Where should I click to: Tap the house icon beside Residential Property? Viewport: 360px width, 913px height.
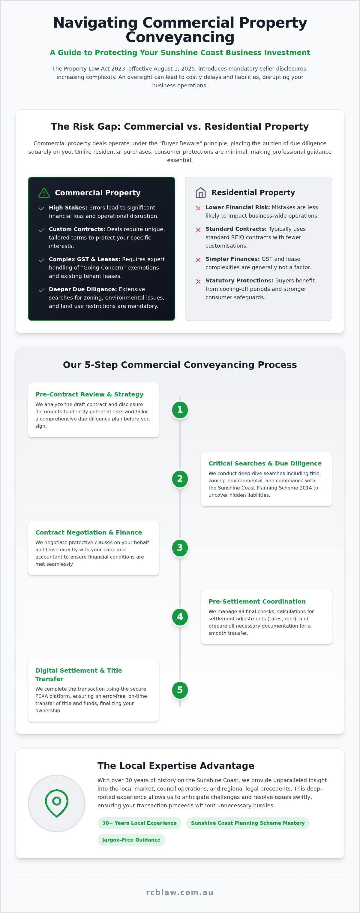tap(201, 192)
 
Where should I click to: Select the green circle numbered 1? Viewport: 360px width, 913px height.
tap(180, 410)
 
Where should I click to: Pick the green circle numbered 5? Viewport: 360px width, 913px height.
tap(180, 690)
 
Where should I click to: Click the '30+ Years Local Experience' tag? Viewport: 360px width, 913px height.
tap(139, 823)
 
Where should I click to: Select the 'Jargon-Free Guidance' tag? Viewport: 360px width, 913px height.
tap(131, 840)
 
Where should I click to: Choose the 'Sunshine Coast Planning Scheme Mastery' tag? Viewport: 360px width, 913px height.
tap(248, 823)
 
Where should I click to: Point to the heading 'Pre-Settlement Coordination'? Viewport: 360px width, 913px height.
tap(257, 601)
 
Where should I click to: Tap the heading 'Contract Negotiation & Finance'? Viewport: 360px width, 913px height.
tap(88, 532)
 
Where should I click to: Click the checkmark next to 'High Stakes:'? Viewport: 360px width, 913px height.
tap(42, 208)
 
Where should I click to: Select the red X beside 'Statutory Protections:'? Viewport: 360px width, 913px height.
tap(198, 282)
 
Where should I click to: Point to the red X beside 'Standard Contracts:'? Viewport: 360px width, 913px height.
tap(198, 230)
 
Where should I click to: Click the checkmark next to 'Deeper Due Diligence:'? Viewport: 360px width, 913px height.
tap(42, 290)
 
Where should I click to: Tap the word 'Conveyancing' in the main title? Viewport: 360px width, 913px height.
tap(180, 37)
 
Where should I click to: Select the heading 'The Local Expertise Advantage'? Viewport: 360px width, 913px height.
tap(176, 766)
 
